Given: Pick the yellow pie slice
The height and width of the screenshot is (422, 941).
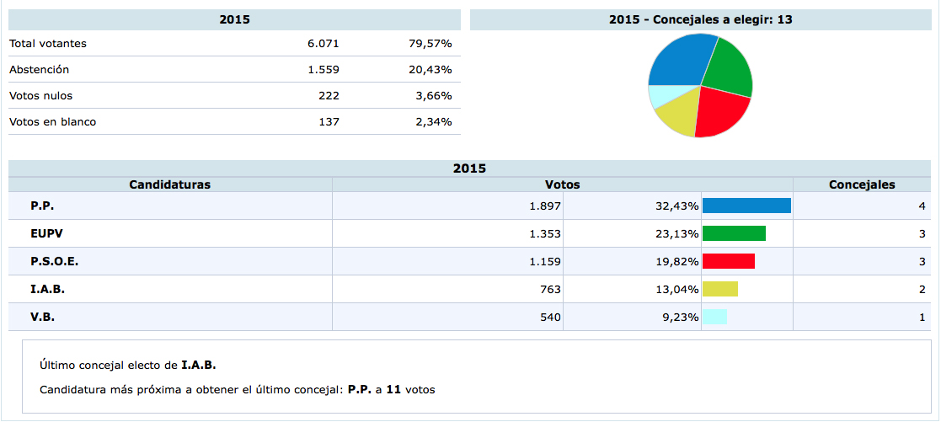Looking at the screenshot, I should pos(678,116).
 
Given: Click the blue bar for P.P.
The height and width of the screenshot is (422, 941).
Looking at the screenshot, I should pos(746,206).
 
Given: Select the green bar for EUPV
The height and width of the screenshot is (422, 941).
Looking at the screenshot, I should pos(734,234).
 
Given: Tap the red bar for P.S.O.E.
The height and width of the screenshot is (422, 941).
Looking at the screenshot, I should pos(729,262).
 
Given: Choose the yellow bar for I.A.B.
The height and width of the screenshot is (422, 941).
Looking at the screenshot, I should pos(720,290).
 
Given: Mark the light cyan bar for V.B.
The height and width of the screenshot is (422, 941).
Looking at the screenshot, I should pos(714,318).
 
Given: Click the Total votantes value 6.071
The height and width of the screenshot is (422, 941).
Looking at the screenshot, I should pos(323,44).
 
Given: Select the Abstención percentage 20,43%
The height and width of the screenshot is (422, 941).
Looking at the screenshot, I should pos(430,70).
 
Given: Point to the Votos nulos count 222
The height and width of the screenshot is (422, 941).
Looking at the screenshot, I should pos(329,96).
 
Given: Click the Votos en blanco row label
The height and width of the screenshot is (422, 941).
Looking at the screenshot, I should pos(52,122).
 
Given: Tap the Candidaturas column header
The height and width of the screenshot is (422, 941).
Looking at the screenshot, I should pos(169,184).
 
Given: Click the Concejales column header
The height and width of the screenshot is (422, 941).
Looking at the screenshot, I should pos(862,184).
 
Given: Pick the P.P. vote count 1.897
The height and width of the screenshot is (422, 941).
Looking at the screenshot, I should pos(544,206).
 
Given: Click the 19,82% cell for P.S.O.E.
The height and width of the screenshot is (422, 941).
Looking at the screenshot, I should pos(678,262).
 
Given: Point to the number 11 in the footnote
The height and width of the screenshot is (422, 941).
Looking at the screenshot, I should pos(393,390).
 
